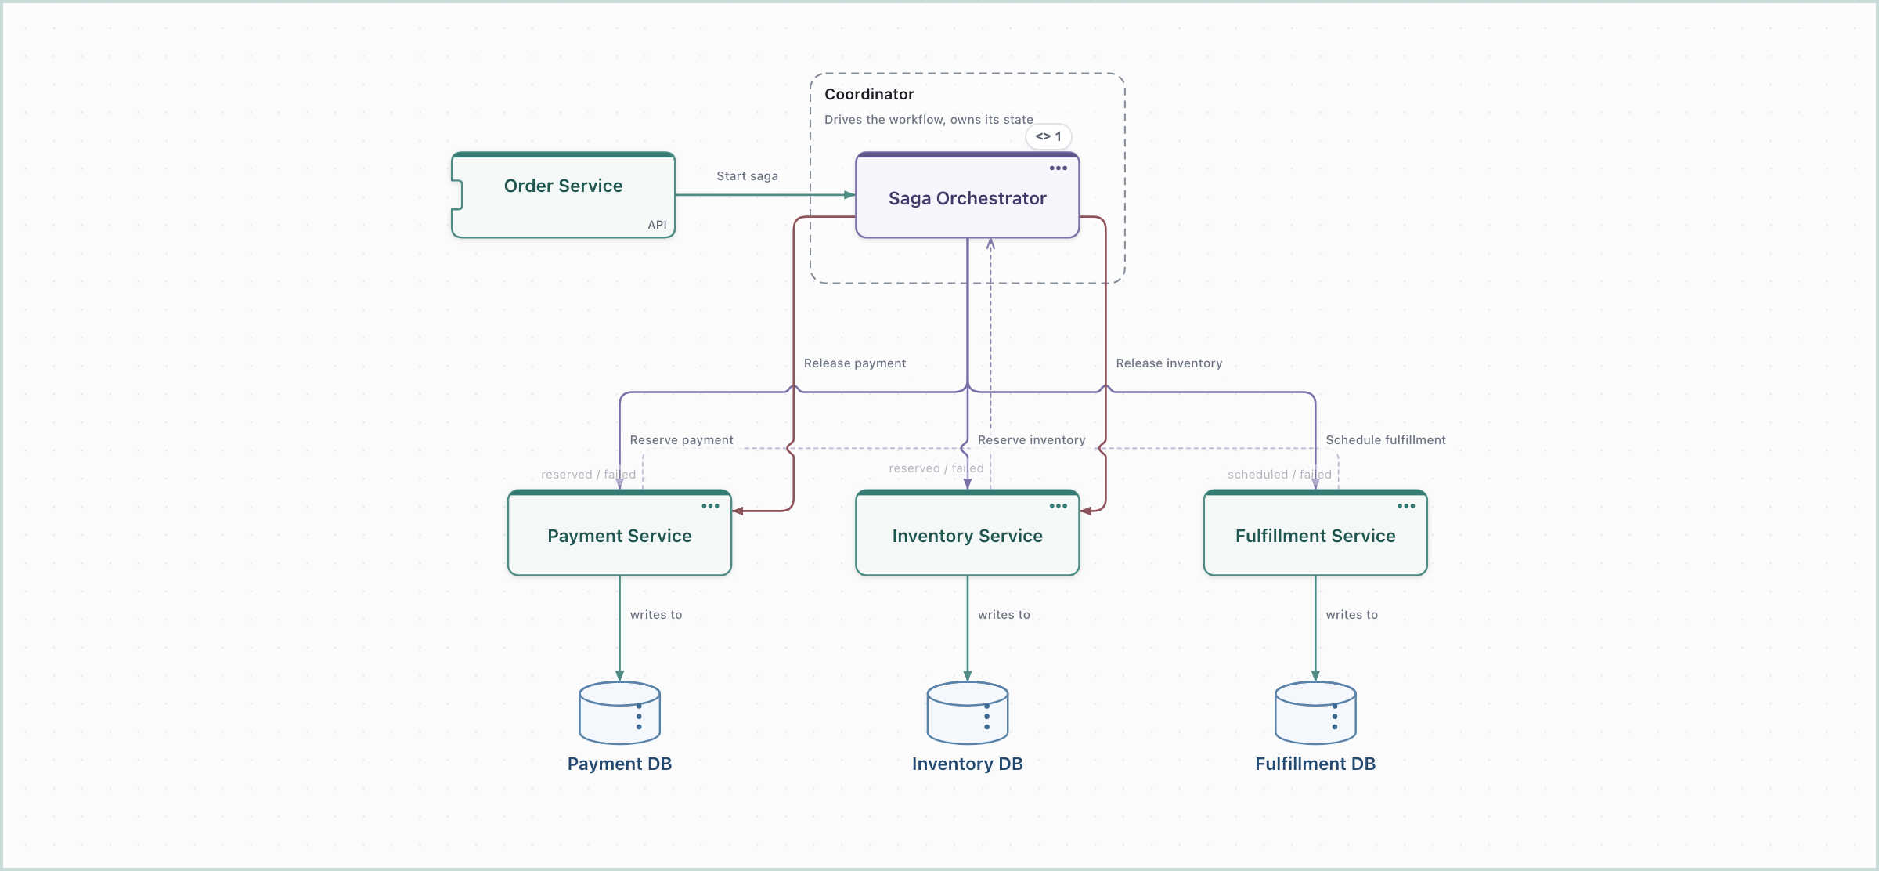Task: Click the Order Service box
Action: tap(563, 195)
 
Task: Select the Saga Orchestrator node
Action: tap(967, 195)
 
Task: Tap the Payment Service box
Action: tap(619, 533)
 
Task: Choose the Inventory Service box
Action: tap(967, 533)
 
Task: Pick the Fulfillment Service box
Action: tap(1315, 533)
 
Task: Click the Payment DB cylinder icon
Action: tap(619, 713)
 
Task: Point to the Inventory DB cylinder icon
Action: tap(967, 713)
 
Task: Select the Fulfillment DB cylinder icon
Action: tap(1315, 713)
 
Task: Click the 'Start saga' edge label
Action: tap(747, 176)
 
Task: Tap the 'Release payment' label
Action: tap(854, 363)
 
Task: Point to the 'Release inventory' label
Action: tap(1169, 363)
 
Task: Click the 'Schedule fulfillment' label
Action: tap(1386, 440)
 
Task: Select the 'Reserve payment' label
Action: tap(681, 440)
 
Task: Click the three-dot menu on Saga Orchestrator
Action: tap(1059, 168)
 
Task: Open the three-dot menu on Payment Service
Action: tap(710, 506)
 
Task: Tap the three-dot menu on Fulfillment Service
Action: tap(1406, 506)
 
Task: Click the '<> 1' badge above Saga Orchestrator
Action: tap(1048, 136)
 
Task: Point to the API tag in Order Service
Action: tap(657, 225)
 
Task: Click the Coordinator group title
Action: tap(869, 94)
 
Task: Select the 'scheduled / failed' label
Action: tap(1279, 475)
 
